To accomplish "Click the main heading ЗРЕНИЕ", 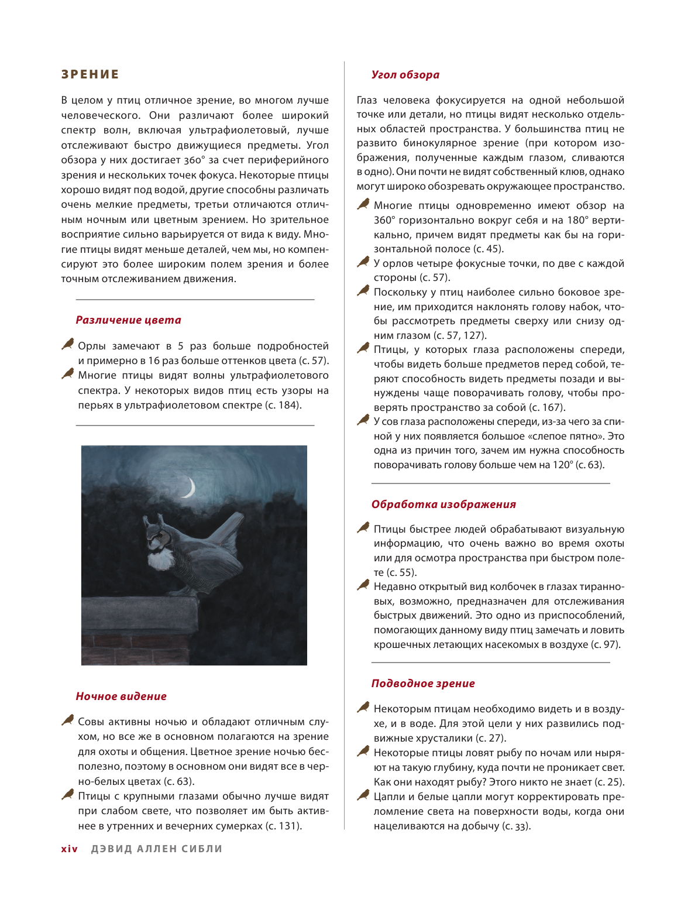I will coord(90,74).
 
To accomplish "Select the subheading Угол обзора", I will coord(405,75).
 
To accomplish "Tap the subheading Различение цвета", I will coord(128,320).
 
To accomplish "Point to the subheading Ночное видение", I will coord(121,697).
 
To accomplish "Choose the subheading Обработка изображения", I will coord(443,505).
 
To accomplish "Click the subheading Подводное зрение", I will coord(423,684).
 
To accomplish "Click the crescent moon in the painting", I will coord(189,487).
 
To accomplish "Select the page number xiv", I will coord(69,849).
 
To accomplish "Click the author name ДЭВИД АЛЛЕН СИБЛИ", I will coord(157,849).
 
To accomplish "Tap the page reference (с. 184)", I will coord(283,405).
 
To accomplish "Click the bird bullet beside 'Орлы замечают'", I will coord(68,345).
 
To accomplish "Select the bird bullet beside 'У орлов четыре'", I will coord(363,262).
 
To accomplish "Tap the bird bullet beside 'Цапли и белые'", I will coord(363,795).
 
